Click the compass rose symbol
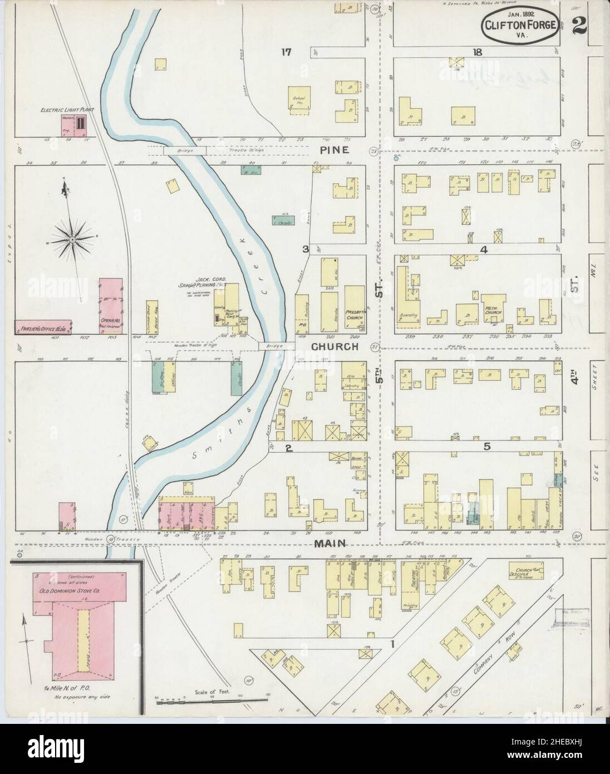coord(72,239)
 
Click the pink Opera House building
coord(110,306)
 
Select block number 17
coord(286,53)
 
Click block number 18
coord(477,52)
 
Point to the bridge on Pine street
coord(185,151)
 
